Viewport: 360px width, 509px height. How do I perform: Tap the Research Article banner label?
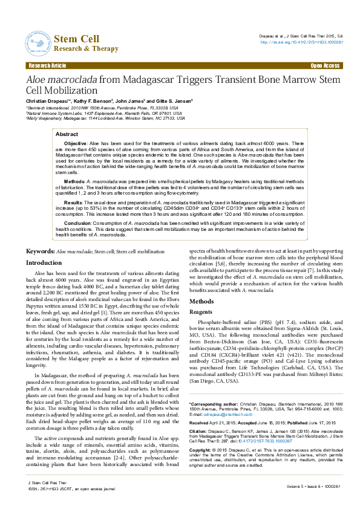tap(47, 65)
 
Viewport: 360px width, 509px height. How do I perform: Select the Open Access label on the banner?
tap(325, 65)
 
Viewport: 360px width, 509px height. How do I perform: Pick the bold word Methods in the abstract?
tap(74, 181)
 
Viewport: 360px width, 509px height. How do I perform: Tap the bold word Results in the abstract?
tap(73, 203)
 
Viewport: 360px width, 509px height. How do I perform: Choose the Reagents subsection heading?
tap(201, 311)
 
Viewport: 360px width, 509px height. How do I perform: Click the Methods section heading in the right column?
tap(201, 301)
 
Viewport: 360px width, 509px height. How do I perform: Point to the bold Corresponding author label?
tap(214, 386)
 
